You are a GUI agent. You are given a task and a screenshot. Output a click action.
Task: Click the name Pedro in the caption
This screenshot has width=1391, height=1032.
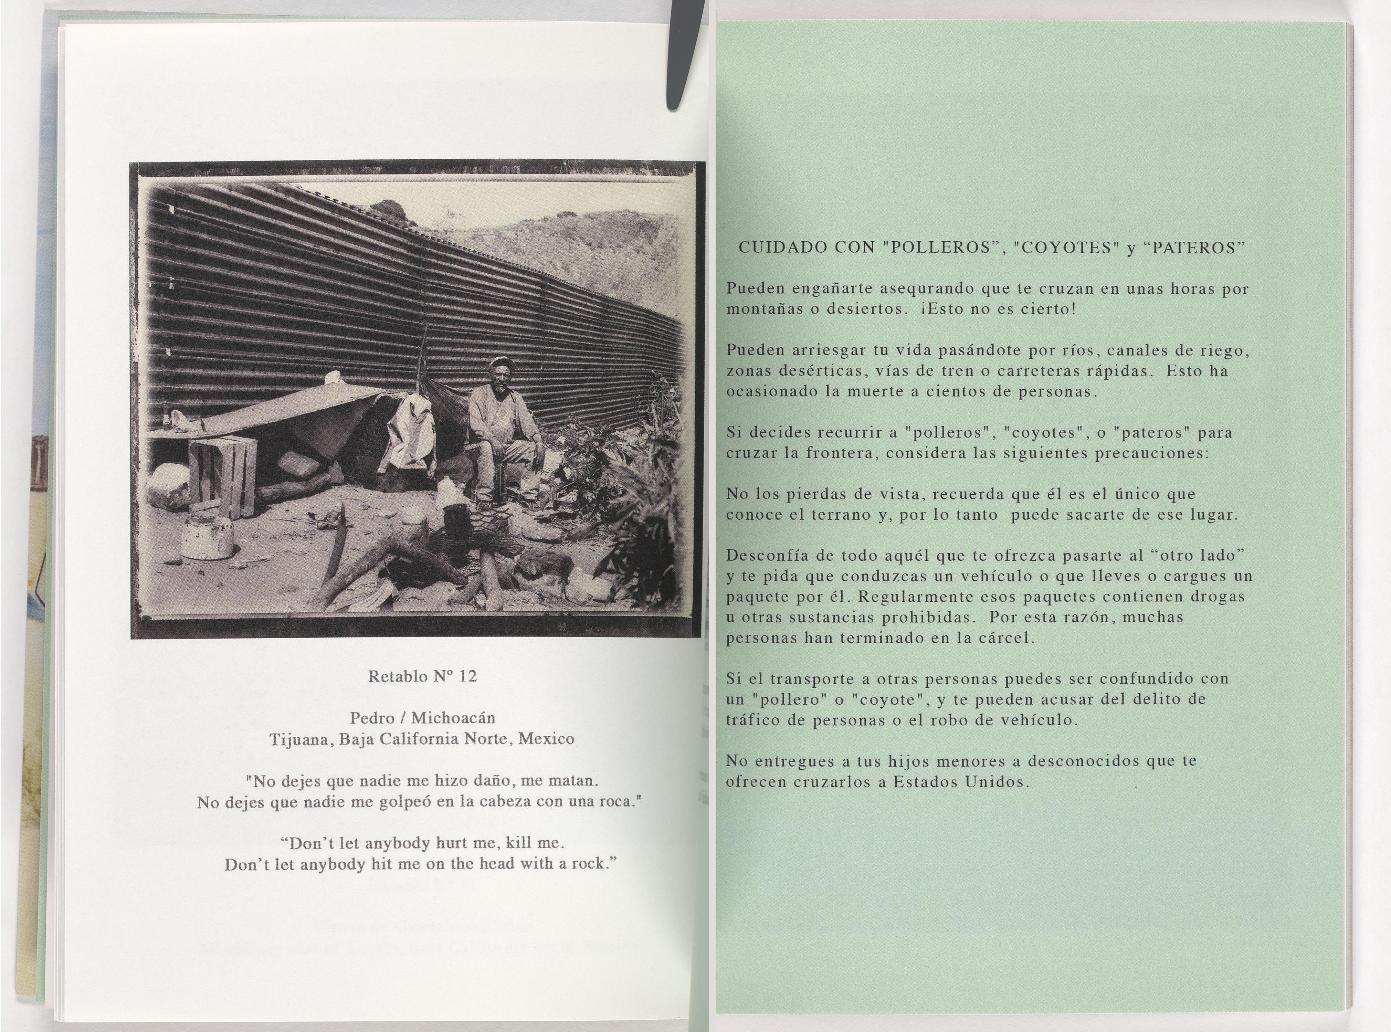tap(372, 718)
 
